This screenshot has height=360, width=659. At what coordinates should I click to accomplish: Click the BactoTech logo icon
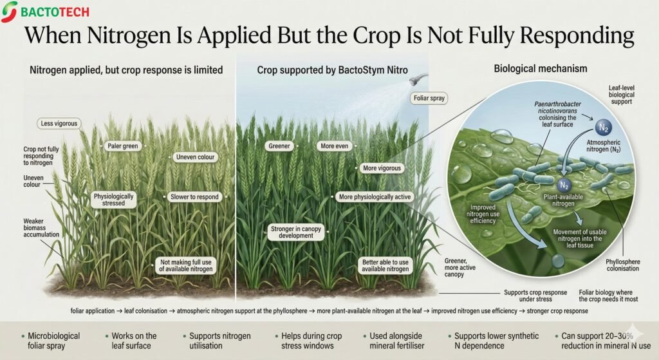pos(10,12)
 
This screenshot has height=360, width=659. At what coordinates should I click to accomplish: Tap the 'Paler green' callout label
pos(122,146)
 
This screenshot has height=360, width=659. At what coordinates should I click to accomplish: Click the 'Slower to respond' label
pos(194,196)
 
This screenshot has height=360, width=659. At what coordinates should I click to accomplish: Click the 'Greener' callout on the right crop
pos(279,146)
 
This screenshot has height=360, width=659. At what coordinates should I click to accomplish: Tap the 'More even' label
pos(335,146)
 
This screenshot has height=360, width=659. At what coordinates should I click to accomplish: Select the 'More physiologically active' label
pos(374,196)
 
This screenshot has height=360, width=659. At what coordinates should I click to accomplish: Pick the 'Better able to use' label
pos(385,265)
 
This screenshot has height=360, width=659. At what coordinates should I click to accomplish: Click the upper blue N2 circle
pos(602,127)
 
